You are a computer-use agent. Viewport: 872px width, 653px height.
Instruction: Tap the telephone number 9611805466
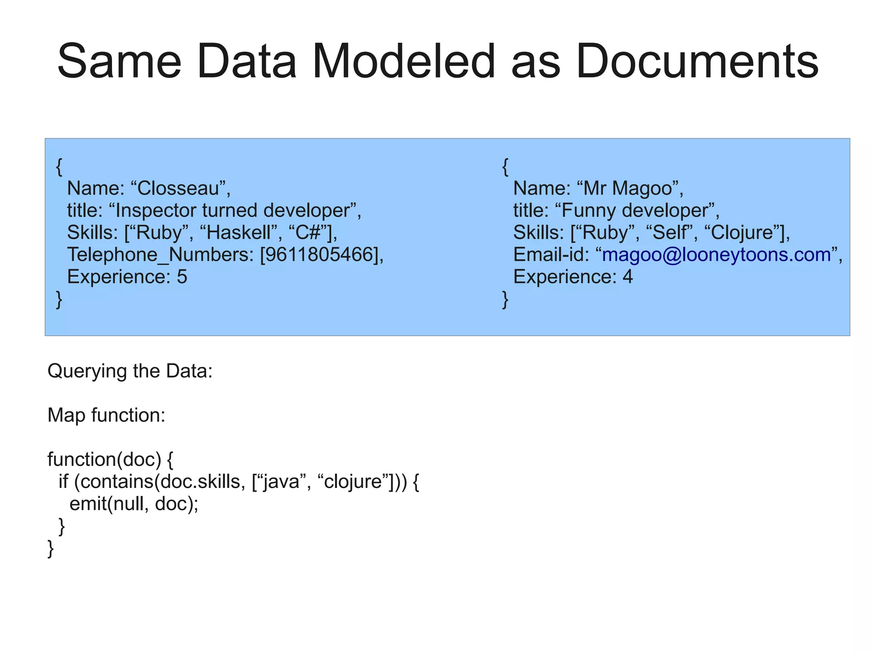pos(319,254)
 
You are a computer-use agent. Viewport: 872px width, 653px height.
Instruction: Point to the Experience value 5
pos(182,277)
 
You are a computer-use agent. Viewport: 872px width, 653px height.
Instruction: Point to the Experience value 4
pos(628,277)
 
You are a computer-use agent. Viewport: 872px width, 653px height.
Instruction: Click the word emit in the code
pos(88,504)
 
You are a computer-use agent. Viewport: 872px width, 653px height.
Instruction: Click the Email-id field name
pos(550,254)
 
